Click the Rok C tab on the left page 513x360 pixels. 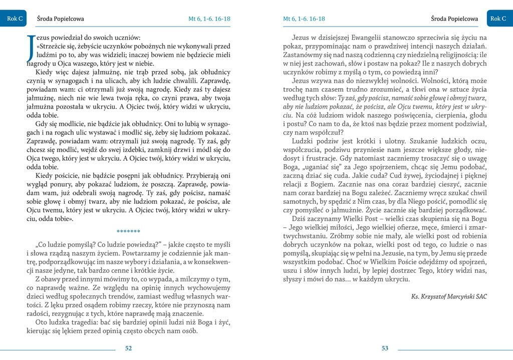(15, 19)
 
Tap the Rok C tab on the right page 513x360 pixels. (498, 19)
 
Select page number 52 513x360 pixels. (128, 349)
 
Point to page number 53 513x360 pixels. (385, 349)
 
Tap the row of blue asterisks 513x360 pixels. (128, 231)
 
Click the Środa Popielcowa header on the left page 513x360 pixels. (61, 19)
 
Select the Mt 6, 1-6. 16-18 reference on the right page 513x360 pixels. (304, 19)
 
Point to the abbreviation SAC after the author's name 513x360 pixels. (480, 296)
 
